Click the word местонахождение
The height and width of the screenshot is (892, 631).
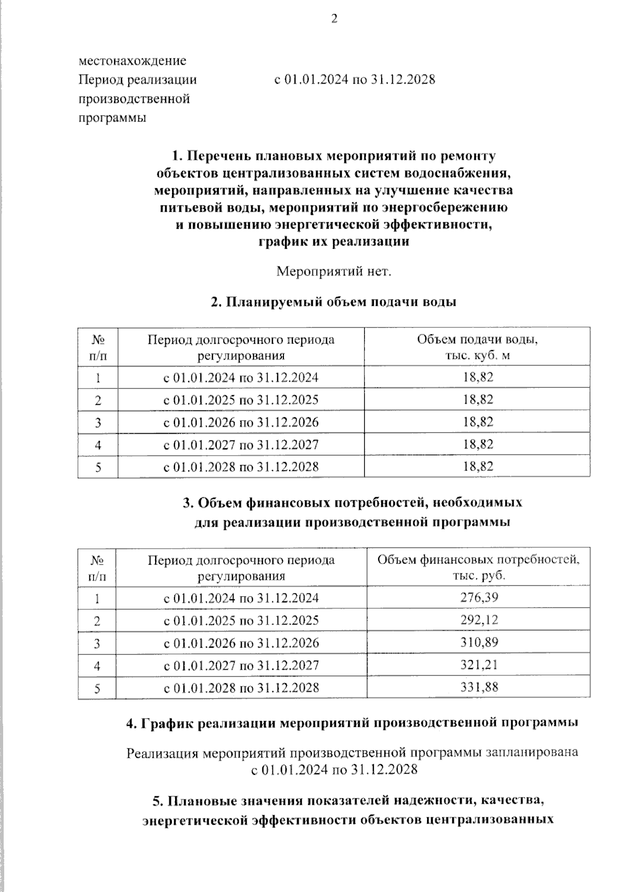click(x=132, y=60)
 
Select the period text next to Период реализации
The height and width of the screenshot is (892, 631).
click(x=355, y=80)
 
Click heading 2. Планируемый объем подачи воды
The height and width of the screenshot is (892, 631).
click(x=333, y=302)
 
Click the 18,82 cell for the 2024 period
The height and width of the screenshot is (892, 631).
click(x=478, y=377)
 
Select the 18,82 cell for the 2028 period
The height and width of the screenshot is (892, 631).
click(x=478, y=466)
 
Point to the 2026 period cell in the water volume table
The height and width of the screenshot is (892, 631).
click(x=241, y=422)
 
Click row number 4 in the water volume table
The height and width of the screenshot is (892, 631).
click(x=98, y=445)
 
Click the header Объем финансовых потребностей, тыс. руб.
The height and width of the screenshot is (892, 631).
click(x=478, y=567)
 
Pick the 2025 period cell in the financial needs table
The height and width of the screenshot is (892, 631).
click(x=241, y=620)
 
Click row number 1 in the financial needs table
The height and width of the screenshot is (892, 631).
click(x=98, y=598)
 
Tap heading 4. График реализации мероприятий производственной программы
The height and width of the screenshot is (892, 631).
click(x=352, y=723)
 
